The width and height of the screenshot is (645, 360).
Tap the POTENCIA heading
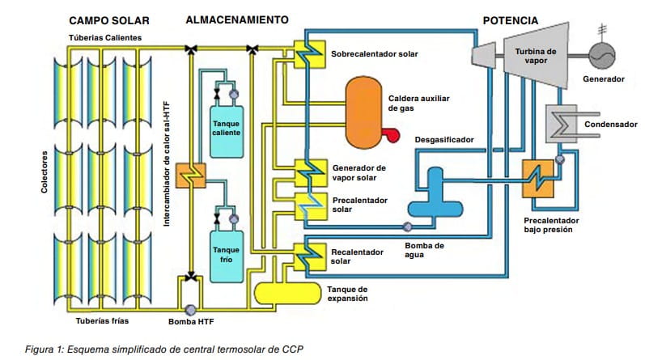point(511,19)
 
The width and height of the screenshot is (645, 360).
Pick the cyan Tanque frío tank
point(226,254)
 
